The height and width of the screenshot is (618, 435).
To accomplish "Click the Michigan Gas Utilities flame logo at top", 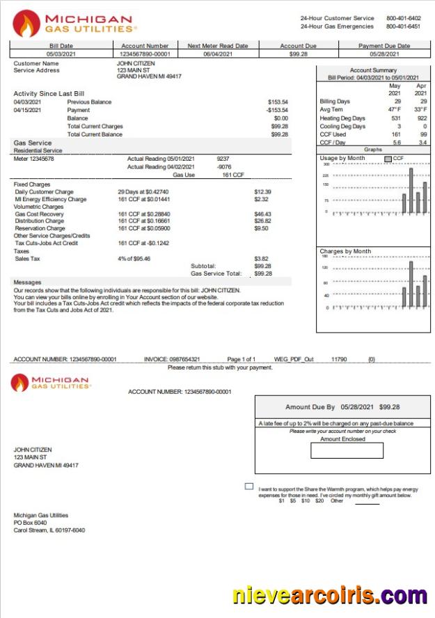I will coord(26,24).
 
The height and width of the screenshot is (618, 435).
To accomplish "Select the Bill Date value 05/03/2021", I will coord(61,54).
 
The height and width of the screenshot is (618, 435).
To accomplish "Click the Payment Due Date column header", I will coord(384,46).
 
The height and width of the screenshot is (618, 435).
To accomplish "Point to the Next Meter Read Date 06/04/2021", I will coord(218,54).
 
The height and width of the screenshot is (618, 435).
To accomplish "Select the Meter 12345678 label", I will coord(34,159).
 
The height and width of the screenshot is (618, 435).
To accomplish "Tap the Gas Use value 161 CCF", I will coord(232,175).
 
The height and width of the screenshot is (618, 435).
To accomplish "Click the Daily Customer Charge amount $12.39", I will coord(262,191).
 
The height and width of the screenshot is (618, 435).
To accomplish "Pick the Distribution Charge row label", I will coord(40,221).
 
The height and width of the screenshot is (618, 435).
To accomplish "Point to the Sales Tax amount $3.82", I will coord(261,258).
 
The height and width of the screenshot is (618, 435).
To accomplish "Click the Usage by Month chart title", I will coord(342,159).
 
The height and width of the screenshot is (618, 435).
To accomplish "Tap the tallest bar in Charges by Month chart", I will coord(411,284).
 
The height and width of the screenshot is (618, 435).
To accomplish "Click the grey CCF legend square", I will coord(388,159).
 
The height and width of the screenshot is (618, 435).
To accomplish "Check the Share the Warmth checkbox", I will coord(249,486).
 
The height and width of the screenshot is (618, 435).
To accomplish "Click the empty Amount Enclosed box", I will coord(347,451).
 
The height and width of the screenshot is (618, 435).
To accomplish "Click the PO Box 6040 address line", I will coord(31,523).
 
